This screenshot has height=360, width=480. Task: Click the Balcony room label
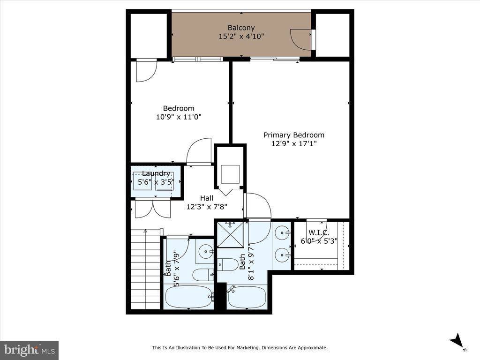tap(241, 28)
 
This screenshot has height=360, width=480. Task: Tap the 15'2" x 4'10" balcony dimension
tap(241, 36)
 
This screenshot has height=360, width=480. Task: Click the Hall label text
tap(206, 198)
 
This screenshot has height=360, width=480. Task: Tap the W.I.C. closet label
tap(318, 232)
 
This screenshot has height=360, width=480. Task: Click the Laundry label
tap(156, 173)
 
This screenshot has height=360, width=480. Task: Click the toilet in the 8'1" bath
tap(227, 265)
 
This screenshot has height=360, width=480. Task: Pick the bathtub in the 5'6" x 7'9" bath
tap(188, 297)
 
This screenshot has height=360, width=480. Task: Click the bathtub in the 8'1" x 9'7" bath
tap(247, 297)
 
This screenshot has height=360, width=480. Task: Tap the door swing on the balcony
tap(300, 39)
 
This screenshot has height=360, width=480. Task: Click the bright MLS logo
tap(29, 350)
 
